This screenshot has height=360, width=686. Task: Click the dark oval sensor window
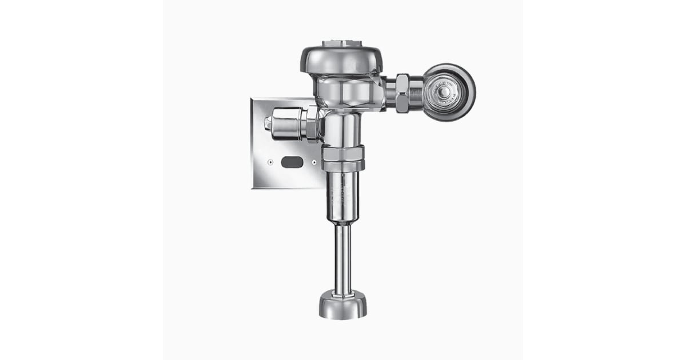292,162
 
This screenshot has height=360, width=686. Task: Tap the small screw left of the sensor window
269,162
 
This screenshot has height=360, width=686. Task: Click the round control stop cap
449,92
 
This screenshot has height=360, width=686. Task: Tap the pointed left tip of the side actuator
266,122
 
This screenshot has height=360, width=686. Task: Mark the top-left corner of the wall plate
252,98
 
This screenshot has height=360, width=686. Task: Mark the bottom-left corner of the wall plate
253,189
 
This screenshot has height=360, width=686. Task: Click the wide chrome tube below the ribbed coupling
343,197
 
